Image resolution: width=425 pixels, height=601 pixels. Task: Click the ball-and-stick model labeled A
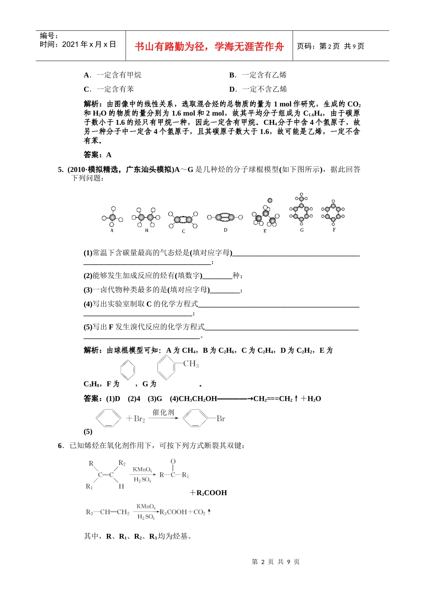coord(112,218)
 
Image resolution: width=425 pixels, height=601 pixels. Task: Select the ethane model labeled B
coord(146,217)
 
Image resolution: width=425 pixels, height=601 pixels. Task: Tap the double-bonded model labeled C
coord(183,220)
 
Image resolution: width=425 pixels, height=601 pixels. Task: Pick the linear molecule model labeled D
coord(225,217)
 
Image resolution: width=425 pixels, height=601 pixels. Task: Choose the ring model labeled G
coord(302,210)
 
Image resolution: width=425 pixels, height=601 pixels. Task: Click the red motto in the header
coord(209,46)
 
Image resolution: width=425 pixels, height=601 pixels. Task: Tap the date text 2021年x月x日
coord(89,44)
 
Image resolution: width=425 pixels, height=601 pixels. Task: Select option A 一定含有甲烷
coord(113,75)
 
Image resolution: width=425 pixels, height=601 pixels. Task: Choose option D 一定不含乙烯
coord(258,89)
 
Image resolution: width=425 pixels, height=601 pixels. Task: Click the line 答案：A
coord(98,155)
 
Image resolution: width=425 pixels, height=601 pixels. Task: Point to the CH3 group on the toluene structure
coord(191,364)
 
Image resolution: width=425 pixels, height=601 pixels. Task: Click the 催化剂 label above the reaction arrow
coord(163,412)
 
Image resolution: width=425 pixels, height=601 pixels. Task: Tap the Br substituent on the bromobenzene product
coord(221,419)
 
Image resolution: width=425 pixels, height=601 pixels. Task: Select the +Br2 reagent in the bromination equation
coord(136,419)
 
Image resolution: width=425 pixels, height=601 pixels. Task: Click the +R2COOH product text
coord(208,493)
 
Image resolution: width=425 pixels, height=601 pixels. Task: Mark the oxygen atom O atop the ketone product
coord(173,461)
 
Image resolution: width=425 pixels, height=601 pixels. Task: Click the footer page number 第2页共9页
coord(276,562)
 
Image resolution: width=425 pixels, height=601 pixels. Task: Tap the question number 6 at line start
coord(60,445)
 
